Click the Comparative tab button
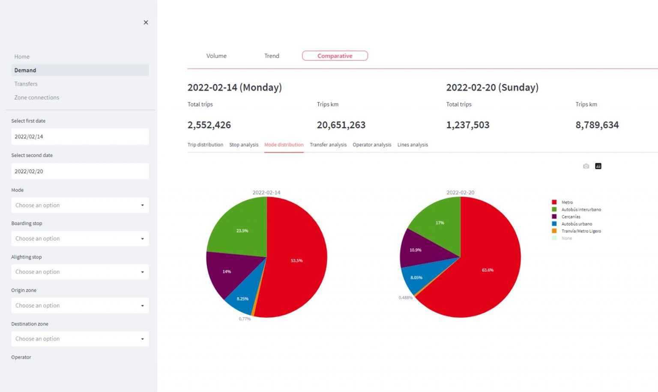point(335,56)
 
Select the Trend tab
point(272,56)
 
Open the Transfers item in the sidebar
point(26,84)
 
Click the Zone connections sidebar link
point(37,98)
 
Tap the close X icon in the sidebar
point(146,22)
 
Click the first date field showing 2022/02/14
point(80,137)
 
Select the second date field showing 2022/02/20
point(80,171)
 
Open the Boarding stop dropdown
point(80,239)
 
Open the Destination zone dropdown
point(80,339)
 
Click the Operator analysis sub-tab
point(372,145)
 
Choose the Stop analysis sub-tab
point(244,145)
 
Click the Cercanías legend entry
point(571,217)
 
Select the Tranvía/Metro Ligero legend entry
point(581,231)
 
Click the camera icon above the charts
point(586,166)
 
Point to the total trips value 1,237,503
point(468,125)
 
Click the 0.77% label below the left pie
point(245,319)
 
